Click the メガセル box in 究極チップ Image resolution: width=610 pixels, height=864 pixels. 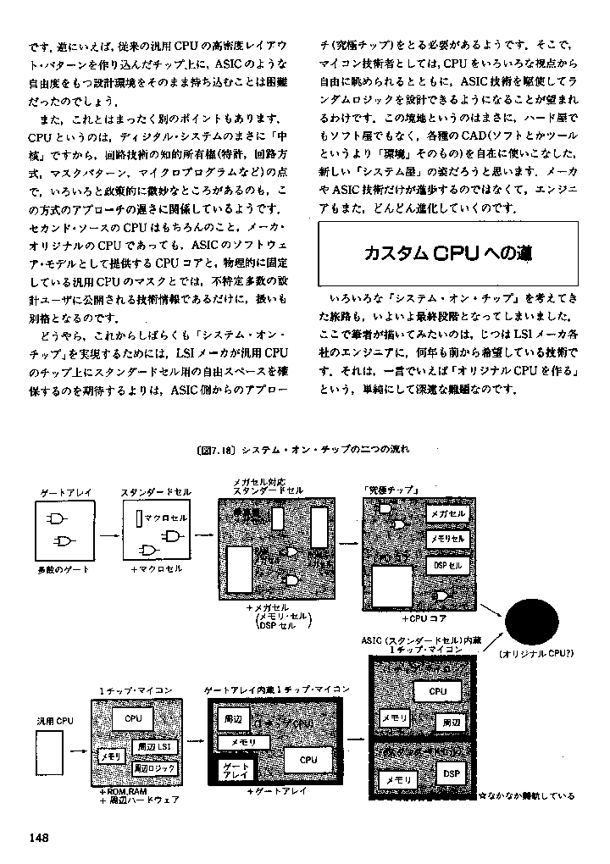[x=447, y=514]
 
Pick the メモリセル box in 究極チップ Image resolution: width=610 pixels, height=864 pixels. [x=447, y=539]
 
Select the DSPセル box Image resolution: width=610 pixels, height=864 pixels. [x=447, y=564]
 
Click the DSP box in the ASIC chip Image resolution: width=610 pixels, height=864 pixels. [x=451, y=773]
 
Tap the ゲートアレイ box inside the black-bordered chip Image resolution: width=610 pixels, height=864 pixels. [x=235, y=771]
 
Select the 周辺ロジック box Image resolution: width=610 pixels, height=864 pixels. [x=154, y=767]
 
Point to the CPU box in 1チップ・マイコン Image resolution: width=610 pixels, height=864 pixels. [x=133, y=718]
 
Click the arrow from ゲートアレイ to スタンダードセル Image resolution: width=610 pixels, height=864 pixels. [x=107, y=535]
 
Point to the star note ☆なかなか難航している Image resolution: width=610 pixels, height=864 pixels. [x=526, y=796]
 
